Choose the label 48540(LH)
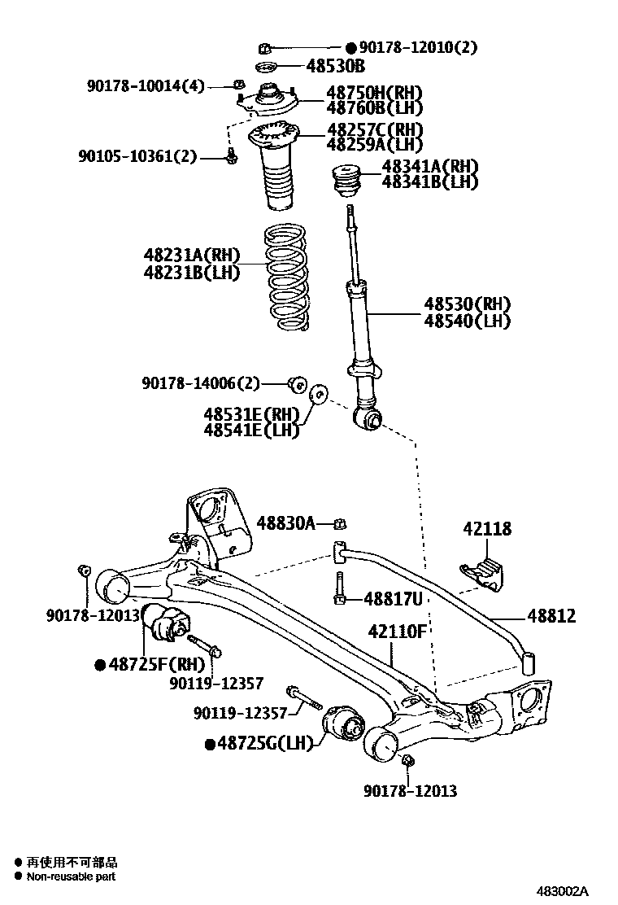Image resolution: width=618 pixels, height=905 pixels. [x=466, y=321]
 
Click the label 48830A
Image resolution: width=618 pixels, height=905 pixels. [x=285, y=522]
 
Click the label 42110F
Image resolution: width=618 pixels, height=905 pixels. [x=397, y=632]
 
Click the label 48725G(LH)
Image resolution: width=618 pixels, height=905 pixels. [x=264, y=743]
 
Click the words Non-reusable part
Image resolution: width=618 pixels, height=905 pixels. [x=71, y=877]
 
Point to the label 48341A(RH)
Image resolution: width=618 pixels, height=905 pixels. [x=430, y=167]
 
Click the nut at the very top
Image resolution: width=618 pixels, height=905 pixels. [x=264, y=47]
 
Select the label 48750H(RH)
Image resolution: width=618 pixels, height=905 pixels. [x=375, y=92]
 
